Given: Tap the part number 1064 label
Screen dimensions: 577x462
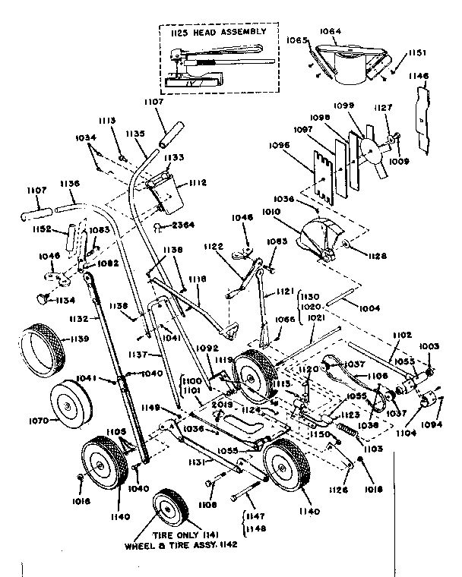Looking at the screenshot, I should point(331,31).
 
